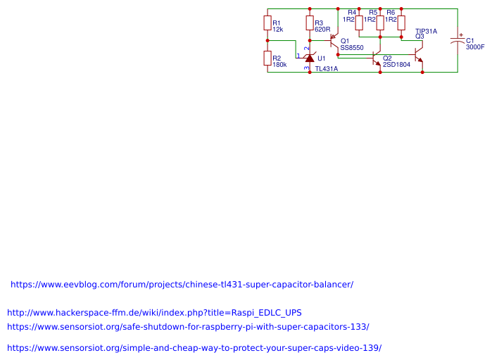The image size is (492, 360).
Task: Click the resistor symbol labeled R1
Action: tap(267, 23)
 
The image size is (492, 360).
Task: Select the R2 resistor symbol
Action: tap(267, 58)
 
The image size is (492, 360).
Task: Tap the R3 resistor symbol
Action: tap(310, 23)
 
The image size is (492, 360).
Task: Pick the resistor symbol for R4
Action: tap(359, 23)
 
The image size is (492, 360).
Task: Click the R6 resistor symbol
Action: tap(401, 23)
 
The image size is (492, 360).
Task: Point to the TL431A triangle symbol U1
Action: tap(310, 58)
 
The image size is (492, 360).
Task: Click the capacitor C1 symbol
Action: tap(458, 41)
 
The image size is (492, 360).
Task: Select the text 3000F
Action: tap(475, 47)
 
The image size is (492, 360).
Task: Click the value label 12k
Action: tap(277, 30)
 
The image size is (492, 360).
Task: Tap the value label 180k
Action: tap(279, 65)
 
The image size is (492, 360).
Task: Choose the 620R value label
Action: tap(322, 30)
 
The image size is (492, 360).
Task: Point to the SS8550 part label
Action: tap(352, 48)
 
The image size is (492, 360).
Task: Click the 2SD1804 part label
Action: tap(396, 65)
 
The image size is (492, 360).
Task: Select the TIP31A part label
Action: tap(426, 31)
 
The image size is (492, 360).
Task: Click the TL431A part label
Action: tap(326, 69)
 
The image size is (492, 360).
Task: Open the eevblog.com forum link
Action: tap(182, 285)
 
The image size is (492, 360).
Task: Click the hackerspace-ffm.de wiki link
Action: tap(154, 312)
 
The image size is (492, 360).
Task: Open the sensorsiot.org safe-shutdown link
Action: tap(188, 327)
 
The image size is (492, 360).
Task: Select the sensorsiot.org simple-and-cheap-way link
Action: tap(194, 348)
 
